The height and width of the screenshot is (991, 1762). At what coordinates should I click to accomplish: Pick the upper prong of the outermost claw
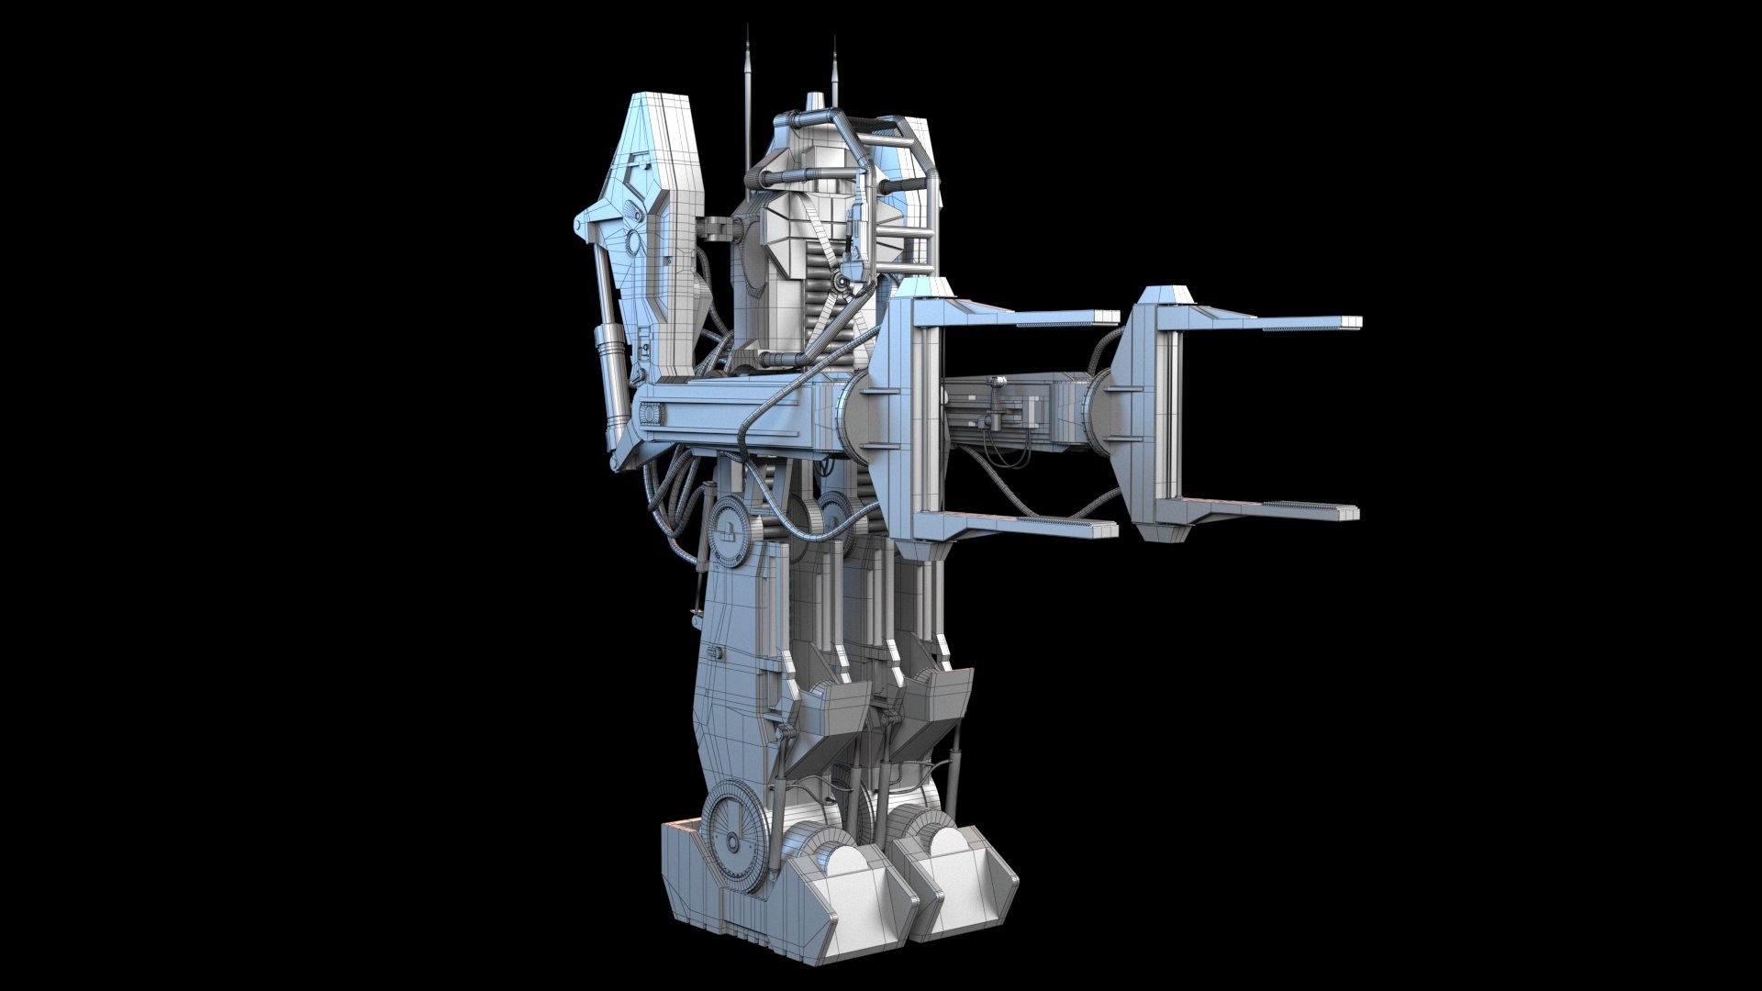(1303, 323)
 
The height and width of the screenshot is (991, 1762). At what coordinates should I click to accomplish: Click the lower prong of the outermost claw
(1303, 512)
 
